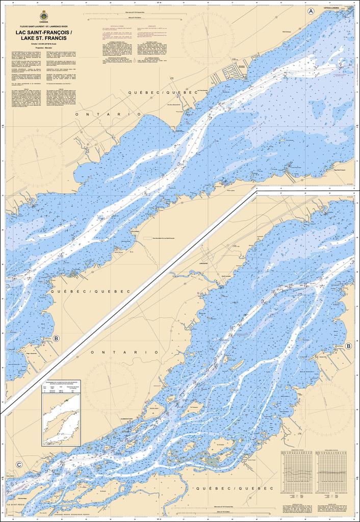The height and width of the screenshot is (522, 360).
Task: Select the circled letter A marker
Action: (x=311, y=11)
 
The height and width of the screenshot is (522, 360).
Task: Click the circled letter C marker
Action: (x=19, y=464)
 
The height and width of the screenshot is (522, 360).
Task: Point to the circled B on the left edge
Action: (x=56, y=338)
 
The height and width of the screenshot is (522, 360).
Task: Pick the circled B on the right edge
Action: (x=348, y=346)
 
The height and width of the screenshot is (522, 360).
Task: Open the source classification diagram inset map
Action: (x=61, y=420)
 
